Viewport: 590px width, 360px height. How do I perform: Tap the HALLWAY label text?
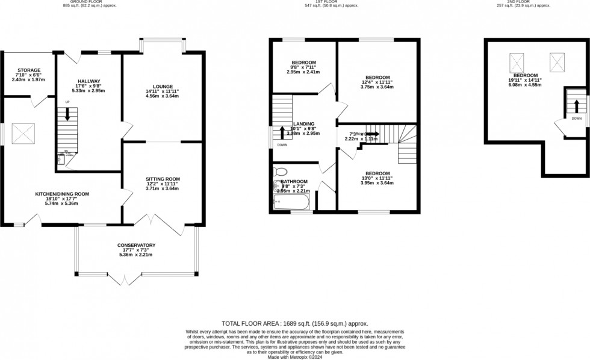coord(88,81)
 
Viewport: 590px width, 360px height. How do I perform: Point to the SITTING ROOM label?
coord(163,179)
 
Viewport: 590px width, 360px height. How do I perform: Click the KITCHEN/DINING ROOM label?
coord(62,194)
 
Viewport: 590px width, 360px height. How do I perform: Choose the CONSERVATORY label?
coord(137,245)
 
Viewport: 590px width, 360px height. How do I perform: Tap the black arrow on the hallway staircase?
coord(67,114)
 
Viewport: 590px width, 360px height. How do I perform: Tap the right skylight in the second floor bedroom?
coord(557,60)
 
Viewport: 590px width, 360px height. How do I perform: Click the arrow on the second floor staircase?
coord(577,107)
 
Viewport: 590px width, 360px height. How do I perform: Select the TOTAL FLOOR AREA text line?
coord(294,323)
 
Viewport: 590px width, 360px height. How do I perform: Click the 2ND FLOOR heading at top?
coord(518,3)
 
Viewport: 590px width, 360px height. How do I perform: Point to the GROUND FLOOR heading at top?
coord(90,3)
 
